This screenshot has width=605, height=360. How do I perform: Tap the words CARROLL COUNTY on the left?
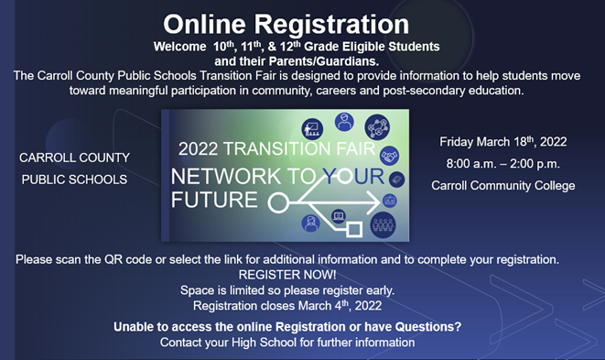[74, 158]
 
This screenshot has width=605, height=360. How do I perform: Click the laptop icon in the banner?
[339, 217]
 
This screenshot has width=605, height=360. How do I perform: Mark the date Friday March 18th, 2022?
[503, 142]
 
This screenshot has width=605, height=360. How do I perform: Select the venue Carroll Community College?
[503, 185]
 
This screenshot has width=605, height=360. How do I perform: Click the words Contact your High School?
[286, 342]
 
